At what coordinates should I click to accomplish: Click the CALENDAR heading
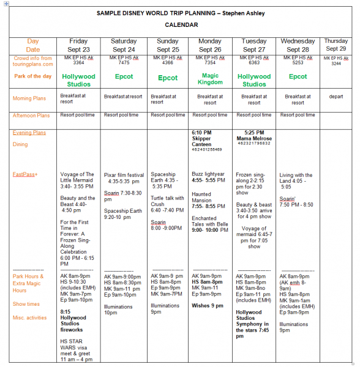point(181,25)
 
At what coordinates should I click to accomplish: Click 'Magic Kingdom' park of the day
point(210,79)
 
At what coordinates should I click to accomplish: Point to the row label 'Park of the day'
point(34,76)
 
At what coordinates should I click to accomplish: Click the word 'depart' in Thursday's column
point(336,96)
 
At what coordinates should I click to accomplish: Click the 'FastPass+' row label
point(26,174)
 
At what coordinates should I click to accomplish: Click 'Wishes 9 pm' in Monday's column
point(208,305)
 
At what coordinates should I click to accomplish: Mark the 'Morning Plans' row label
point(32,98)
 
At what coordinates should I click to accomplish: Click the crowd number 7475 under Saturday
point(124,62)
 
